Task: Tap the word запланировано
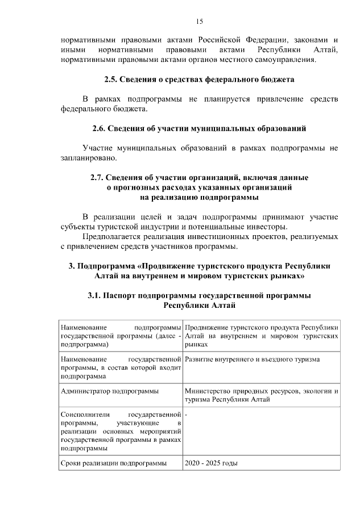(88, 157)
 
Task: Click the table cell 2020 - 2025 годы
(211, 463)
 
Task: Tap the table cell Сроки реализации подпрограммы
(113, 463)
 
